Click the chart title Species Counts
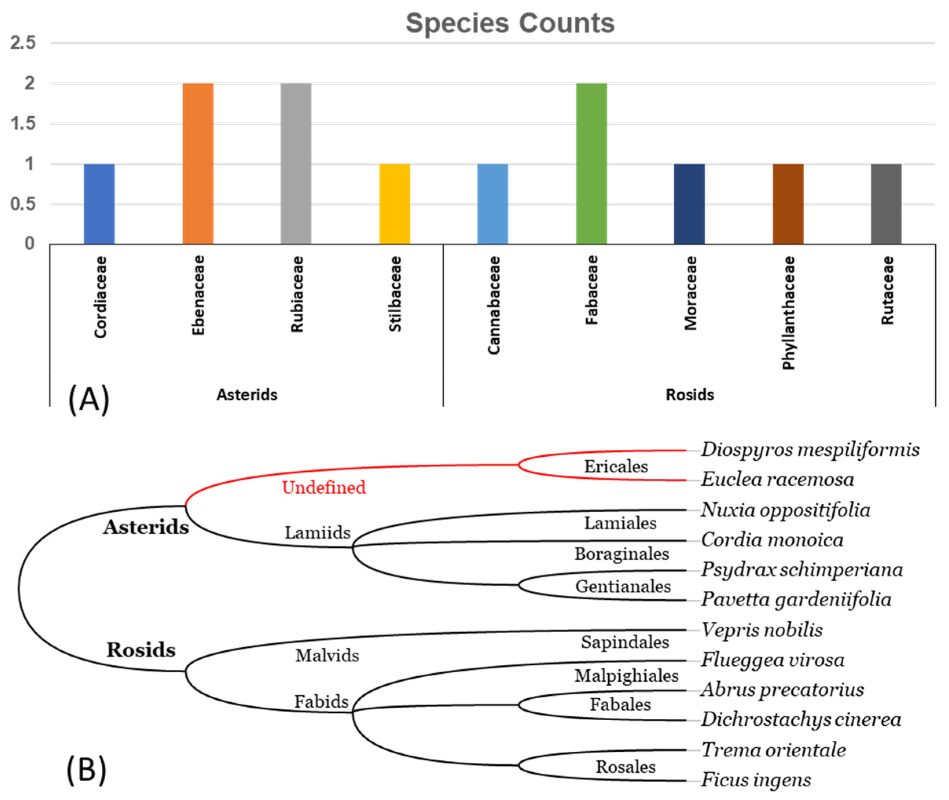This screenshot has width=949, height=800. [510, 24]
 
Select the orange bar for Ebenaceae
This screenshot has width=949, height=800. [198, 163]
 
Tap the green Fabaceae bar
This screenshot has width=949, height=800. [591, 163]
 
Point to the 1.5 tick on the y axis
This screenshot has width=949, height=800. [23, 123]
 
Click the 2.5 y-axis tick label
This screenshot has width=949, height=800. [23, 43]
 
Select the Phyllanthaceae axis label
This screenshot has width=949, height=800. [788, 313]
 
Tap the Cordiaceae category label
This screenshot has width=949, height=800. [100, 297]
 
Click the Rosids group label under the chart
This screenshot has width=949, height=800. [689, 395]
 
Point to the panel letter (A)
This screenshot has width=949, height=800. [88, 399]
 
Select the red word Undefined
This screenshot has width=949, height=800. [323, 487]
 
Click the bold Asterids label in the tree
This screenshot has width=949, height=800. [146, 527]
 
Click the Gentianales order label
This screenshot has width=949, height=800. [623, 587]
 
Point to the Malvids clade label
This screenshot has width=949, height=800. [327, 656]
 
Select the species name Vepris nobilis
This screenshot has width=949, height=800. [762, 630]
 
